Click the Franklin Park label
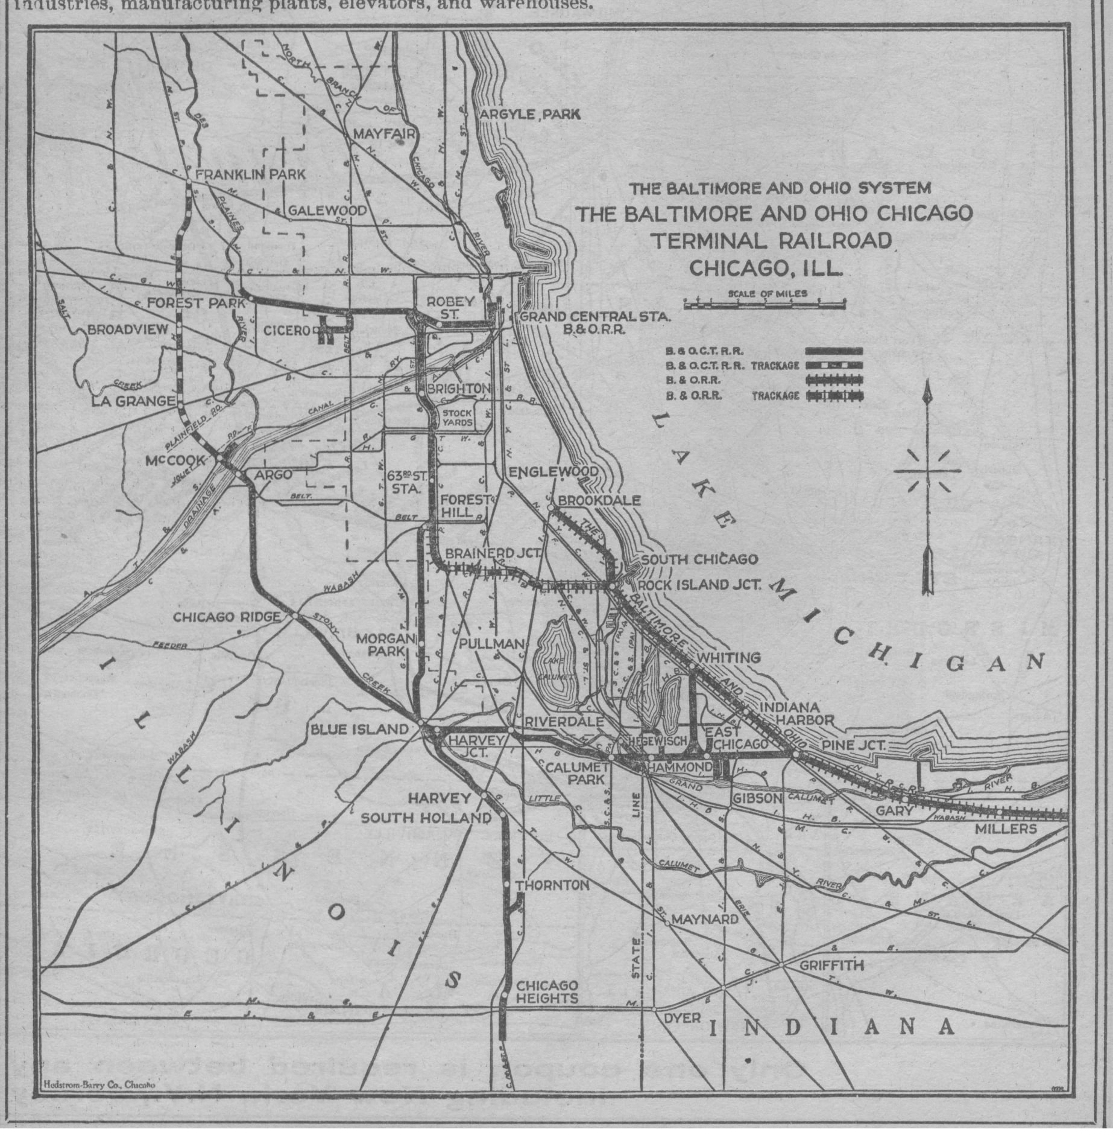(x=250, y=174)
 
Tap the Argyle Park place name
(x=529, y=114)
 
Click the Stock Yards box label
(x=458, y=418)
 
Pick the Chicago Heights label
(x=547, y=992)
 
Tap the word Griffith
(x=831, y=965)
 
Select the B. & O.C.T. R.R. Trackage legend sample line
(x=834, y=366)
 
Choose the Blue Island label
(x=359, y=729)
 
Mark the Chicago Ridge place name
(x=227, y=617)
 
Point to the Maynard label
(x=704, y=920)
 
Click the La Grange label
(x=133, y=401)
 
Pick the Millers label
(x=1006, y=829)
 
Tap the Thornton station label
(x=552, y=885)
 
